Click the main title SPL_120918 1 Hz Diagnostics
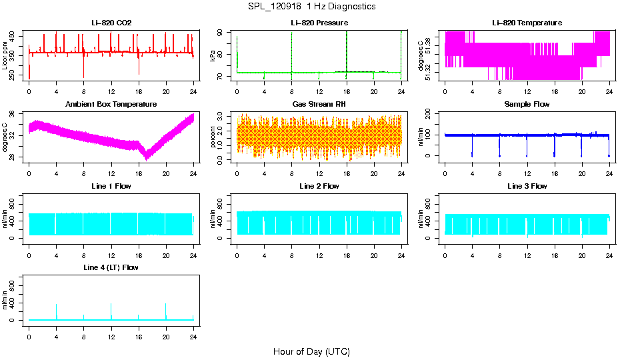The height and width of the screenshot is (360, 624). coord(311,7)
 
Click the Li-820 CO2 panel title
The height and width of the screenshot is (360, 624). coord(111,23)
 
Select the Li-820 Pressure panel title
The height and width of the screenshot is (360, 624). coord(319,23)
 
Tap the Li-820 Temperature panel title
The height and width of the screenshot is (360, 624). coord(527,23)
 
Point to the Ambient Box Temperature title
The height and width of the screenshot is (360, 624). coord(111,105)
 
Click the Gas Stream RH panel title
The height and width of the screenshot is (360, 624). coord(319,105)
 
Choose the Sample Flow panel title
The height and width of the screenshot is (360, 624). coord(527,105)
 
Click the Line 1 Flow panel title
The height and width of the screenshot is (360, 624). coord(111,186)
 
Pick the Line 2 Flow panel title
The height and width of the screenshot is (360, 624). coord(319,186)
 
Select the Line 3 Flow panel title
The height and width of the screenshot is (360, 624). coord(527,186)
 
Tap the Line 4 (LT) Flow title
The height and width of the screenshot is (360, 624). coord(111,267)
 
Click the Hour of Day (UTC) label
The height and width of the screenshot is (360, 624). coord(311,351)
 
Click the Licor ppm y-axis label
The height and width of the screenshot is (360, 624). coord(5,55)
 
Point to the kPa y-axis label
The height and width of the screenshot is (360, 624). coord(213,55)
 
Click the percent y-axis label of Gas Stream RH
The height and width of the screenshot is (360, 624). coord(213,137)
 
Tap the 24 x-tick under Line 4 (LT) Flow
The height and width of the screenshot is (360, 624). coord(193,337)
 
